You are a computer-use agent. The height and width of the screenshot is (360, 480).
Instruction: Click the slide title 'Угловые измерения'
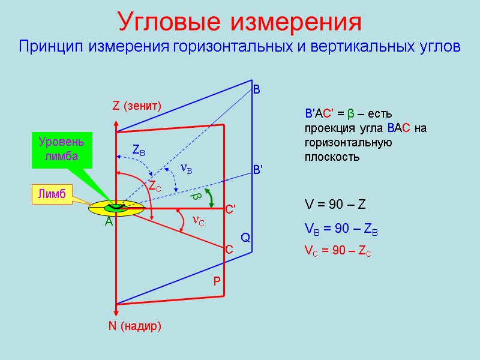(x=240, y=22)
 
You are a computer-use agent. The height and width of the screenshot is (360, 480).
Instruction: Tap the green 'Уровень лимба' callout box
(x=62, y=150)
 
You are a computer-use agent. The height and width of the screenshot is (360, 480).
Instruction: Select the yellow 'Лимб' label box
(x=51, y=193)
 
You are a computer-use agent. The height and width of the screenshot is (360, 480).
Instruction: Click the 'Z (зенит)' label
(x=137, y=106)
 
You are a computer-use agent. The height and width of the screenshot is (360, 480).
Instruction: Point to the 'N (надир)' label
(x=135, y=326)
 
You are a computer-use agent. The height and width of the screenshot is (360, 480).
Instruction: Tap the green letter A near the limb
(x=109, y=222)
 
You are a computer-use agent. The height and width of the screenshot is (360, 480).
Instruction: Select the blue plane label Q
(x=245, y=238)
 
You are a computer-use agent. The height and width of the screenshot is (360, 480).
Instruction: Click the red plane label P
(x=217, y=281)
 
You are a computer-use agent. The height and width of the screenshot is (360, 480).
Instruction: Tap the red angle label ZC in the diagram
(x=155, y=187)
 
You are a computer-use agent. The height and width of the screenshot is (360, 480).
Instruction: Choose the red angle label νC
(x=199, y=221)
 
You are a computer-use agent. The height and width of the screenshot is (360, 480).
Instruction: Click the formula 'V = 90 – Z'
(x=335, y=205)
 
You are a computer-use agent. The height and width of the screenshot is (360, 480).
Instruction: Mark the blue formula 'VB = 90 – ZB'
(x=341, y=230)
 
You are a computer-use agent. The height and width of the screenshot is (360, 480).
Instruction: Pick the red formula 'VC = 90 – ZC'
(x=338, y=252)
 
